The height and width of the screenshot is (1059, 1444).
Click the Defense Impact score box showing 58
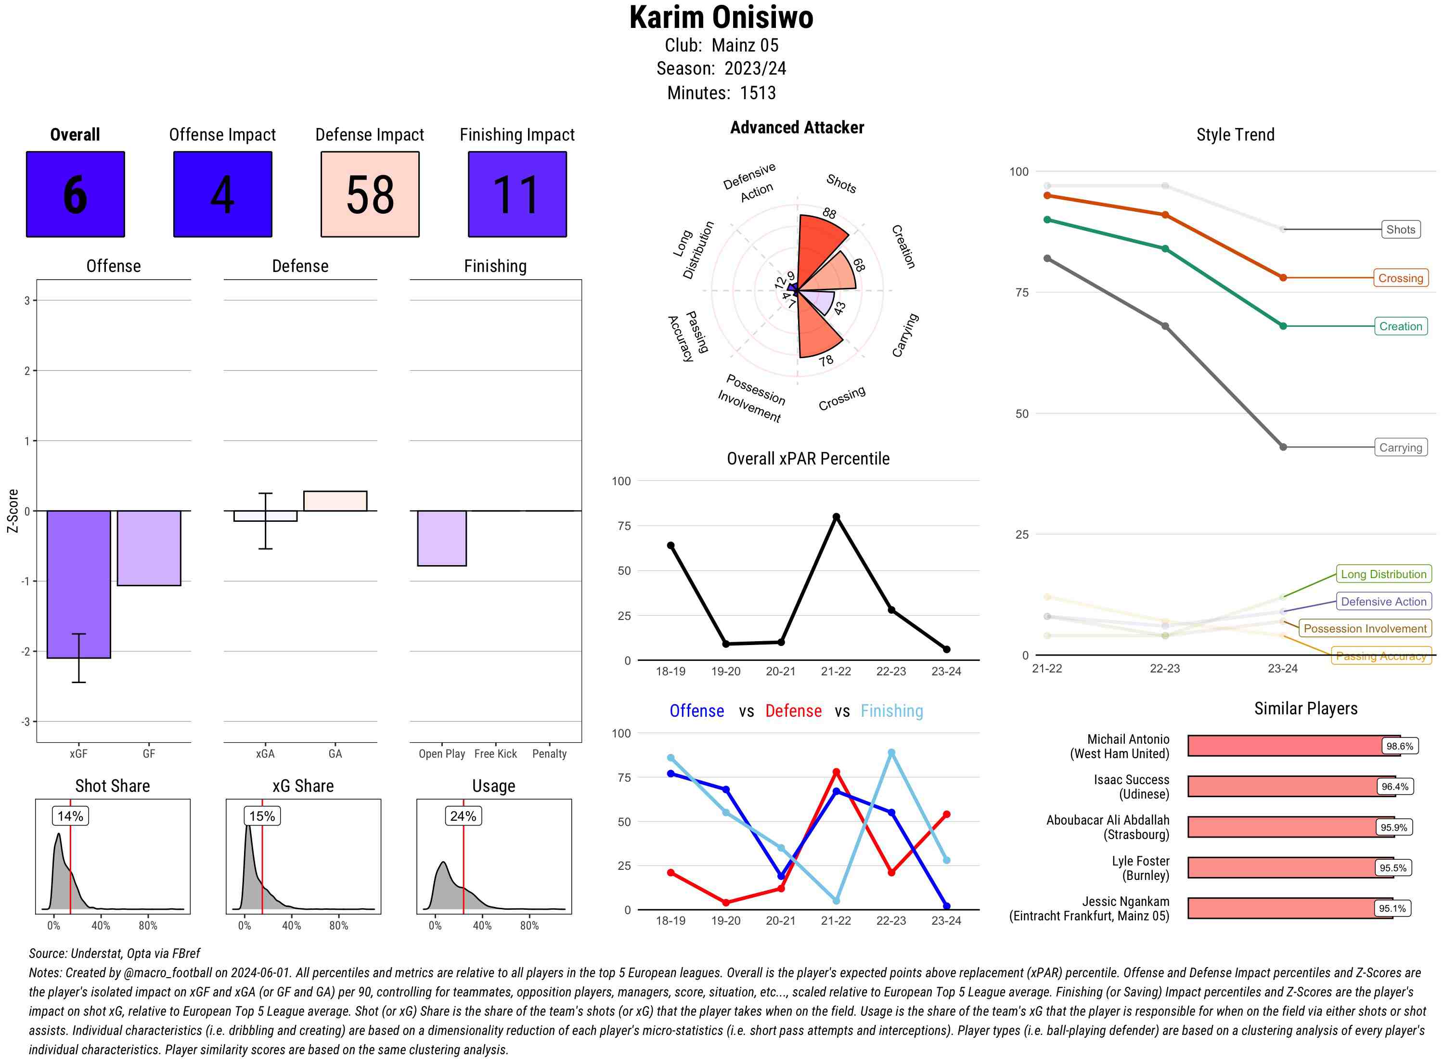tap(370, 194)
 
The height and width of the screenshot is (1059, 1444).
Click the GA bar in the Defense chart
tap(335, 501)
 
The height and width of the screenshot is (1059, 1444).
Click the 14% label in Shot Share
tap(70, 816)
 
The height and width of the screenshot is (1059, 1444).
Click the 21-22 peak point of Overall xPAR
tap(836, 517)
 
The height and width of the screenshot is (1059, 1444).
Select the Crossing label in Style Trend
tap(1400, 278)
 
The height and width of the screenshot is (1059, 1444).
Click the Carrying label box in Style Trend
tap(1400, 448)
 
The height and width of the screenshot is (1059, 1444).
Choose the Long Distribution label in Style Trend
tap(1383, 574)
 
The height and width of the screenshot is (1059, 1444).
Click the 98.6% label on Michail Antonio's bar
tap(1399, 746)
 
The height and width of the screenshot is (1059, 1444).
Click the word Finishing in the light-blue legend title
tap(891, 711)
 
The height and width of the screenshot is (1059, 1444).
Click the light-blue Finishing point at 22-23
tap(891, 752)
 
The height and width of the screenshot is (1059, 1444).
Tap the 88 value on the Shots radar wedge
tap(829, 213)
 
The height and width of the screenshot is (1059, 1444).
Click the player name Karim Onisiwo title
tap(721, 17)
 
